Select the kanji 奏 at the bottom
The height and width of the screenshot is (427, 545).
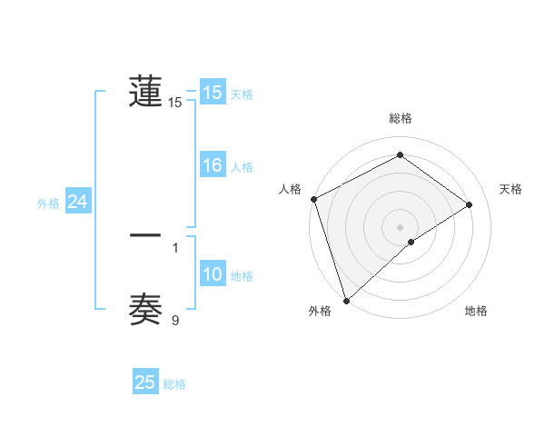145,309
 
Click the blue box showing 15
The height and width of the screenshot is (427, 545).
213,93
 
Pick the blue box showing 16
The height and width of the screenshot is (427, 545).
213,165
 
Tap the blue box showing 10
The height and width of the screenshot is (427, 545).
213,275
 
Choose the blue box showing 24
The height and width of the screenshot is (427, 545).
78,202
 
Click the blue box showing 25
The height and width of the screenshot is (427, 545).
145,382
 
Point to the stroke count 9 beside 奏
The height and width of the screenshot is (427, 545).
175,320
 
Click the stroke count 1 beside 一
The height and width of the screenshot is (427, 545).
175,246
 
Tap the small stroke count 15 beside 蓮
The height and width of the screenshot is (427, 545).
175,103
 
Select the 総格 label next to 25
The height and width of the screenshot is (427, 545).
174,384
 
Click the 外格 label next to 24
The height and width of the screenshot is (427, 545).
48,204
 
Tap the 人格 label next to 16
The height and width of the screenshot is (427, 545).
242,167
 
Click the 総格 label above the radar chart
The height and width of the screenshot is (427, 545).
400,118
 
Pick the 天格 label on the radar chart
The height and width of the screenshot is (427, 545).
511,189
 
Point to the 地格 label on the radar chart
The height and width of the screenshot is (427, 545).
476,312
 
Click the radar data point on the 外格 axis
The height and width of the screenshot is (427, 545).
346,299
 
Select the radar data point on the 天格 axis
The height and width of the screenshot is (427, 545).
470,204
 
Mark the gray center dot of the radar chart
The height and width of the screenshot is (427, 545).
400,226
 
